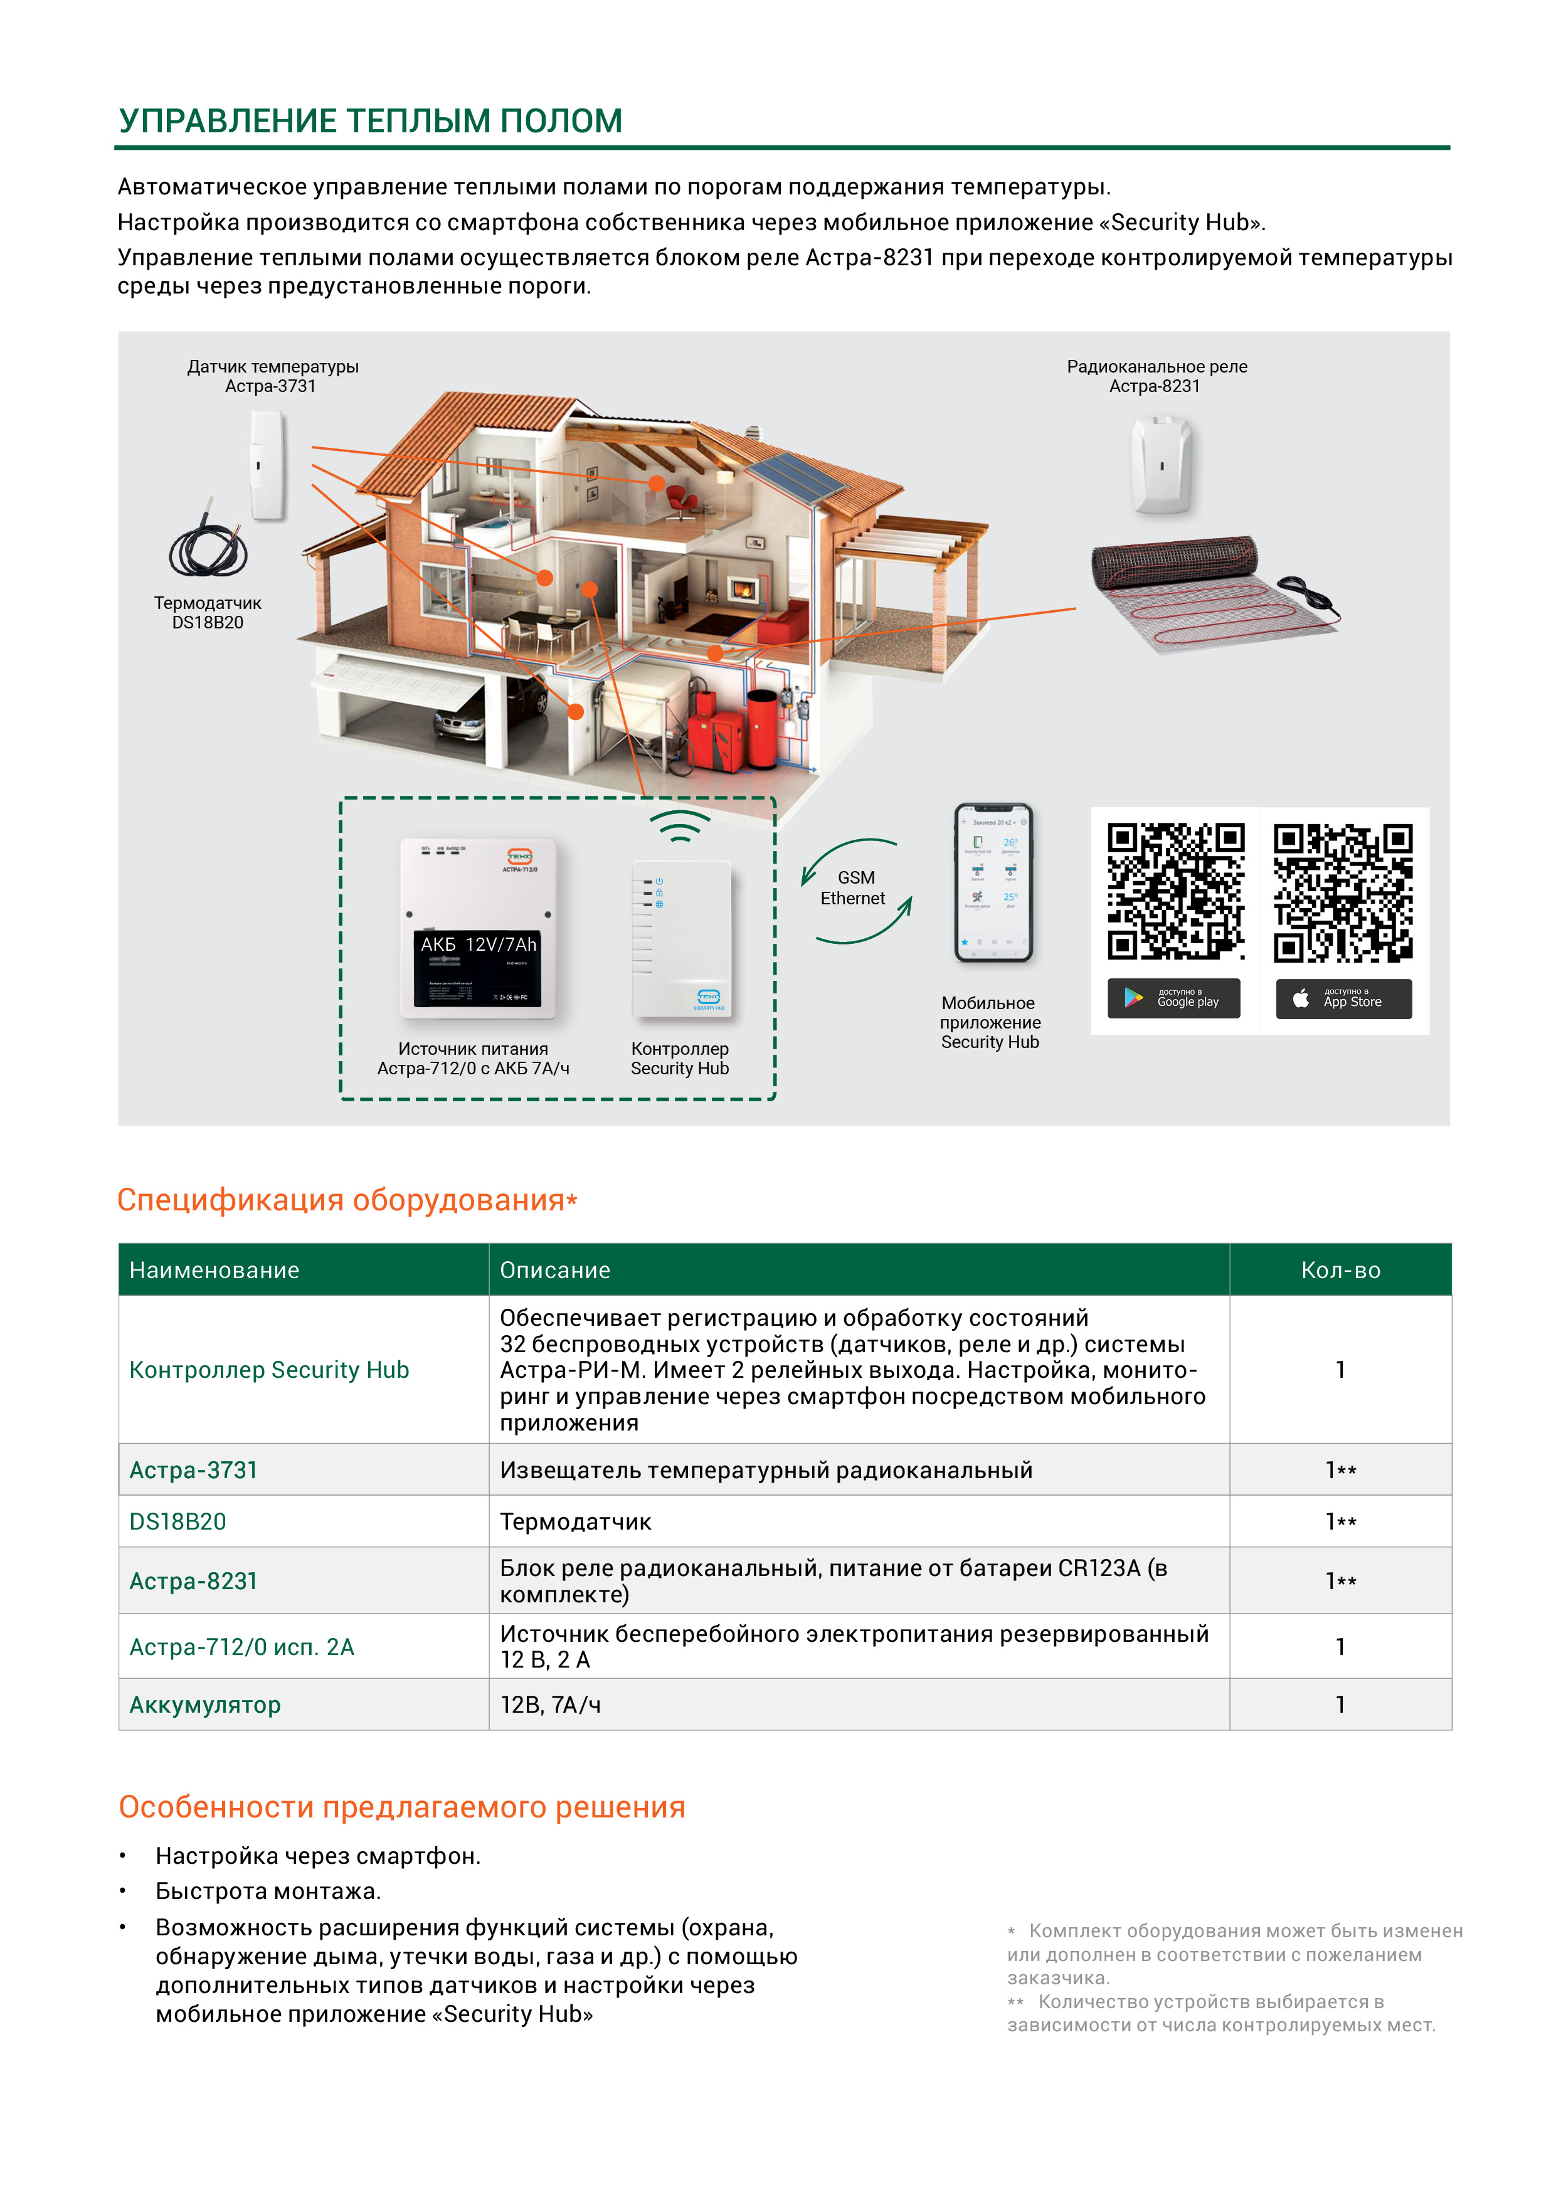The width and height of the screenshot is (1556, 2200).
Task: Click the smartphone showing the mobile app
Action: pos(993,882)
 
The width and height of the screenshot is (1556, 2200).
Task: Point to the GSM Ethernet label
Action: pos(854,888)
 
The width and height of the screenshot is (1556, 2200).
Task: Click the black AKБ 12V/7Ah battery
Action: pos(478,968)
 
